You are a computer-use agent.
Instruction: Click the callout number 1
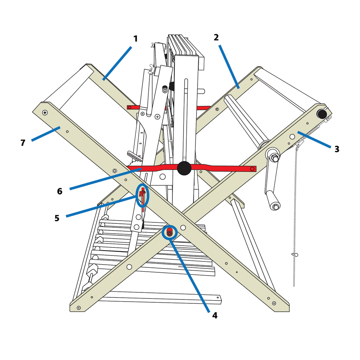tap(136, 39)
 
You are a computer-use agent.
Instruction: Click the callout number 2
tap(216, 37)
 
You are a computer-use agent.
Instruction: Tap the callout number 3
tap(337, 149)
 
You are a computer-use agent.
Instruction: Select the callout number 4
tap(214, 316)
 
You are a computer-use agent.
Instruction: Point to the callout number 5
tap(57, 218)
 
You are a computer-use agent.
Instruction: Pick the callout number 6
tap(60, 191)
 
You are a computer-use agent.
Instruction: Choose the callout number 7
tap(23, 143)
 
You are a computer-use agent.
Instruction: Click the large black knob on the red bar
tap(184, 168)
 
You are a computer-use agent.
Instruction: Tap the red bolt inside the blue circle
tap(170, 233)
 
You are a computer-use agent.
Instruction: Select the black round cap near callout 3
tap(322, 114)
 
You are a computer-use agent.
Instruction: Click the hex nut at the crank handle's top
tap(275, 157)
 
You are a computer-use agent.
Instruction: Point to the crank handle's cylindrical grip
tap(272, 201)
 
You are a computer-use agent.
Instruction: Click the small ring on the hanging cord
tap(295, 254)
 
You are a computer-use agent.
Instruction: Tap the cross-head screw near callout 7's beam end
tap(45, 113)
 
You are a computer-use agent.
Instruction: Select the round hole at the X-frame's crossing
tap(183, 228)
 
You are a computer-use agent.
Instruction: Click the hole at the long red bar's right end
tap(252, 169)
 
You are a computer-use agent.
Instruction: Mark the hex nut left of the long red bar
tap(114, 171)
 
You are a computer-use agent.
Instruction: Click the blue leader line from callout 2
tap(230, 67)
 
